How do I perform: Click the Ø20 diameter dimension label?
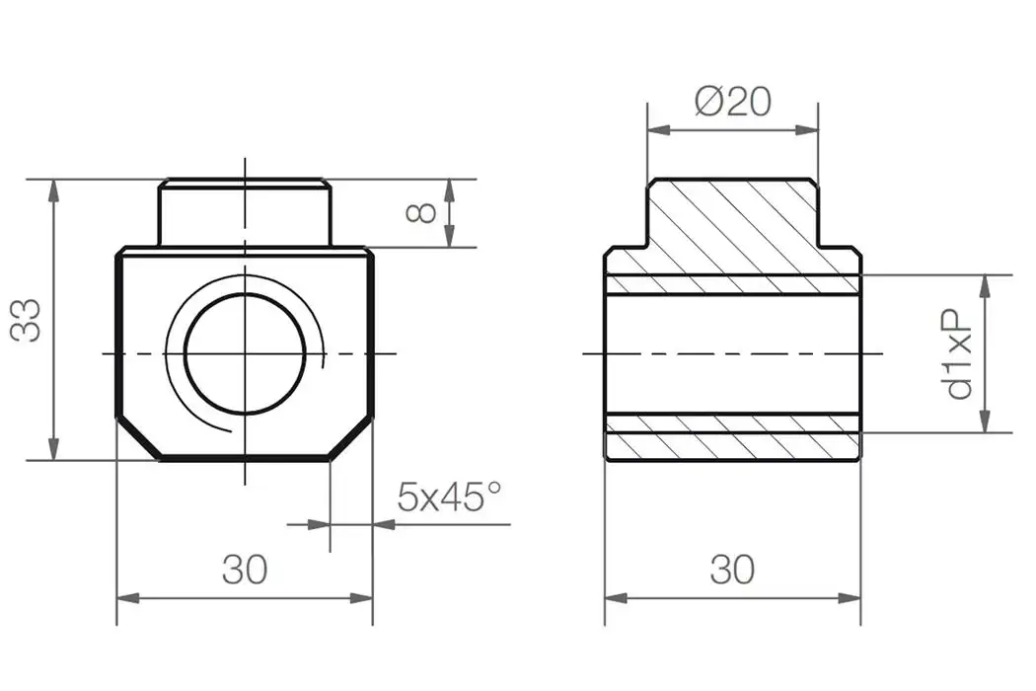click(x=732, y=102)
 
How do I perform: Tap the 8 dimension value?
click(x=421, y=212)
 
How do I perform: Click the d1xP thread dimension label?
click(x=958, y=353)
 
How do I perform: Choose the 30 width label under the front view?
click(x=244, y=570)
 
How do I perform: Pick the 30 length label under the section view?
click(x=731, y=570)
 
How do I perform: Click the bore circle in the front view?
click(x=244, y=353)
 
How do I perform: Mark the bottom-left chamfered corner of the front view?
click(x=138, y=438)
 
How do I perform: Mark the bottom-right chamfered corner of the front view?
click(x=351, y=438)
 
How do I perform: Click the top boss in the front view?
click(x=244, y=212)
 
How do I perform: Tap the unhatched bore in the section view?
click(x=732, y=353)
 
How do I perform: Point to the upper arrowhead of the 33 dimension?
click(x=53, y=191)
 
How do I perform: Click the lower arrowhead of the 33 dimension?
click(x=53, y=448)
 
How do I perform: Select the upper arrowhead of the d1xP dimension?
click(x=985, y=286)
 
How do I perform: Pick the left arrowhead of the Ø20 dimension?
click(x=658, y=129)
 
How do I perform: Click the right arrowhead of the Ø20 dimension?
click(x=807, y=129)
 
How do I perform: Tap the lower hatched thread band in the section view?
click(x=732, y=422)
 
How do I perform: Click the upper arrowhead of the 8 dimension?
click(x=449, y=190)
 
